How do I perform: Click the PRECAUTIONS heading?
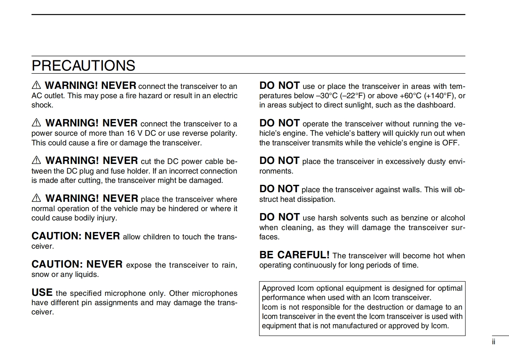point(83,65)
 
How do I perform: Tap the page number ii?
point(494,342)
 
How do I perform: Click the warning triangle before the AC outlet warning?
point(36,85)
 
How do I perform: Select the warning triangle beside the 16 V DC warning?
point(36,123)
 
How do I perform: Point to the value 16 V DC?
point(141,133)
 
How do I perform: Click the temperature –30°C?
point(327,96)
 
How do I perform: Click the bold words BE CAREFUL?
point(294,255)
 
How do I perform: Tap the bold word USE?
point(42,293)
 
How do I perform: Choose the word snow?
point(40,275)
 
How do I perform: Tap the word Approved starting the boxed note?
point(278,288)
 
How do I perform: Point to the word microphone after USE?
point(125,293)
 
